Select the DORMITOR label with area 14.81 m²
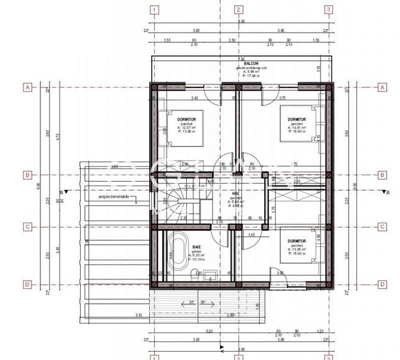(x=296, y=119)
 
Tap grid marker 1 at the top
(x=154, y=10)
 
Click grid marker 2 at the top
(x=237, y=10)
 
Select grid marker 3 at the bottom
(x=328, y=356)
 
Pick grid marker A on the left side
(x=28, y=87)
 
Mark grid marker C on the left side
(x=28, y=226)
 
